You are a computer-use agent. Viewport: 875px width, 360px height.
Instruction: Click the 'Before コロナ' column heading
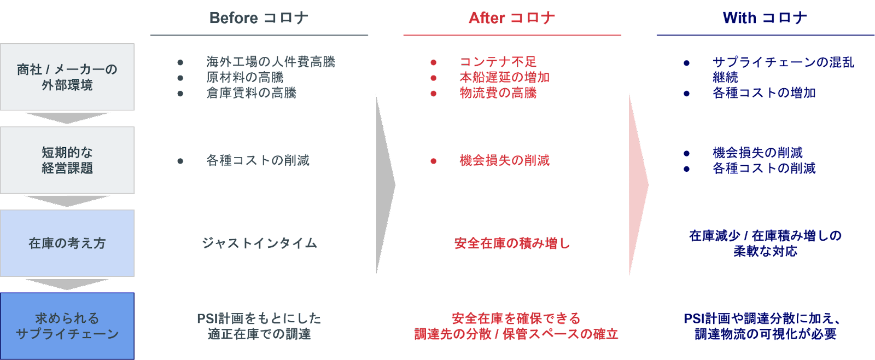point(259,18)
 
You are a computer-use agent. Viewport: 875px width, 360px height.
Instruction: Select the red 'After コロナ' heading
point(512,18)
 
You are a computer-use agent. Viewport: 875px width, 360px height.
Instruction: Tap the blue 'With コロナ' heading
point(765,18)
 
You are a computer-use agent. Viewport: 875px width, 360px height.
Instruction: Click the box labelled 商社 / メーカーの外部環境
point(67,77)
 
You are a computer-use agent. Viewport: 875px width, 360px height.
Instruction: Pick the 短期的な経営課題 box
point(67,160)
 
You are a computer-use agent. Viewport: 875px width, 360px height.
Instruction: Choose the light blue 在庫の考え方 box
point(67,243)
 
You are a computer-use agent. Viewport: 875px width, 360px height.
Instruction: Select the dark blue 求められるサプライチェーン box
point(67,326)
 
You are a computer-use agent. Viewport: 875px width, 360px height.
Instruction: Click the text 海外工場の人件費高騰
point(271,62)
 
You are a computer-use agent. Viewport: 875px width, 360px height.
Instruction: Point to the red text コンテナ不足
point(498,62)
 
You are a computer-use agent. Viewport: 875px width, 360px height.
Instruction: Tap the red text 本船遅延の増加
point(504,77)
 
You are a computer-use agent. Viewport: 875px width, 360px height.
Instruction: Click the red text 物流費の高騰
point(498,92)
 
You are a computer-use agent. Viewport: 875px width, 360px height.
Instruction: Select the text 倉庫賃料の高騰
point(251,92)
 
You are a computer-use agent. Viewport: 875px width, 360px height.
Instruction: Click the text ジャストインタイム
point(259,243)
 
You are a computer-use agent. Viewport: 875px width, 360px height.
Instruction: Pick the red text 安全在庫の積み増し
point(512,243)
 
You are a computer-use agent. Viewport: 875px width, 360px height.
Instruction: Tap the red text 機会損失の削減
point(504,160)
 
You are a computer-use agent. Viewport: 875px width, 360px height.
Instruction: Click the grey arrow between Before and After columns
point(384,185)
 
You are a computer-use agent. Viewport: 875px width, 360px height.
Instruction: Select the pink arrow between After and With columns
point(638,185)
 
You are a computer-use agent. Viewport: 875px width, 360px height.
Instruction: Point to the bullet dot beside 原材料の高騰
point(180,78)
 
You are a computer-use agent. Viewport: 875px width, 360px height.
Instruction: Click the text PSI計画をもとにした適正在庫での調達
point(259,326)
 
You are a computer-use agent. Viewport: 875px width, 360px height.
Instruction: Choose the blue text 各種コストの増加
point(763,93)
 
